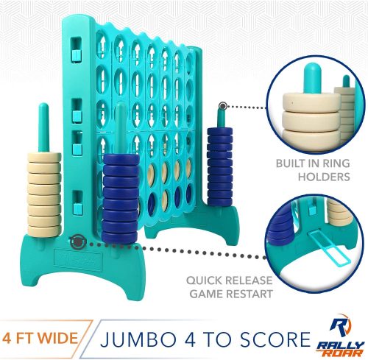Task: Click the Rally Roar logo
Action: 341,335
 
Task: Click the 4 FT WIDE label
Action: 40,338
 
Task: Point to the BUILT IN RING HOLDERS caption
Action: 313,170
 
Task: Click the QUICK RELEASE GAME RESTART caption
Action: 230,287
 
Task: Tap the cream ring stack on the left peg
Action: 44,194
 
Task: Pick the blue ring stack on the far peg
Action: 220,166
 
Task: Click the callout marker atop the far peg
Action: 223,106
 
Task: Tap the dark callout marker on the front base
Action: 78,242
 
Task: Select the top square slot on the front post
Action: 77,49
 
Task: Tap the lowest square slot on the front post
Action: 77,202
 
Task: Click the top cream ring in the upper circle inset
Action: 311,102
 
